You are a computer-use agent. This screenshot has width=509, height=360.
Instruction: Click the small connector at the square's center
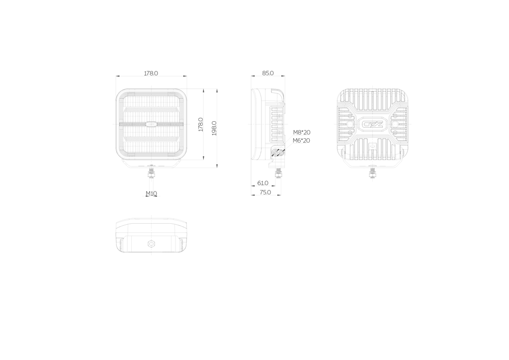151,124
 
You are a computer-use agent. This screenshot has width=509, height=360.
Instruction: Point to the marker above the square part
151,86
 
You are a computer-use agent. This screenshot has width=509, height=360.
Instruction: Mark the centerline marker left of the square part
113,124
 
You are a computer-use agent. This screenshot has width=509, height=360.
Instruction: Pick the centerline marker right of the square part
189,124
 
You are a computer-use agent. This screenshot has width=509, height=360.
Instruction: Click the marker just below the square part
151,162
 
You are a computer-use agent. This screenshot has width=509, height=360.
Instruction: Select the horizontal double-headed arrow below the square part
151,196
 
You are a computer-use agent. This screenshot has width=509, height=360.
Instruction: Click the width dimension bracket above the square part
151,76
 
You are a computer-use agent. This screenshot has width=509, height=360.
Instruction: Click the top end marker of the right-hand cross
372,86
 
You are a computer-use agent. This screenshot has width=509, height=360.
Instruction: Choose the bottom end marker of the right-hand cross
372,181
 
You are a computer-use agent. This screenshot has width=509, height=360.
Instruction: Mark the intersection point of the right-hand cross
372,124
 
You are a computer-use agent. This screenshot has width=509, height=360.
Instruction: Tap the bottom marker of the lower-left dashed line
151,255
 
